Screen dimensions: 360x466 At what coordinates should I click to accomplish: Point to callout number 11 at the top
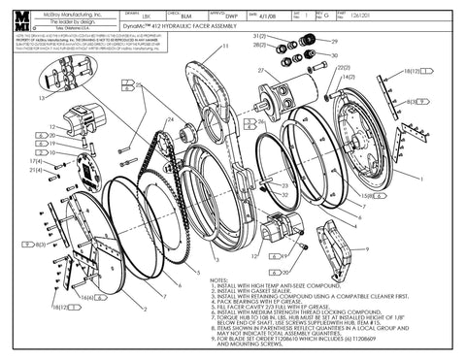tap(225, 46)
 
